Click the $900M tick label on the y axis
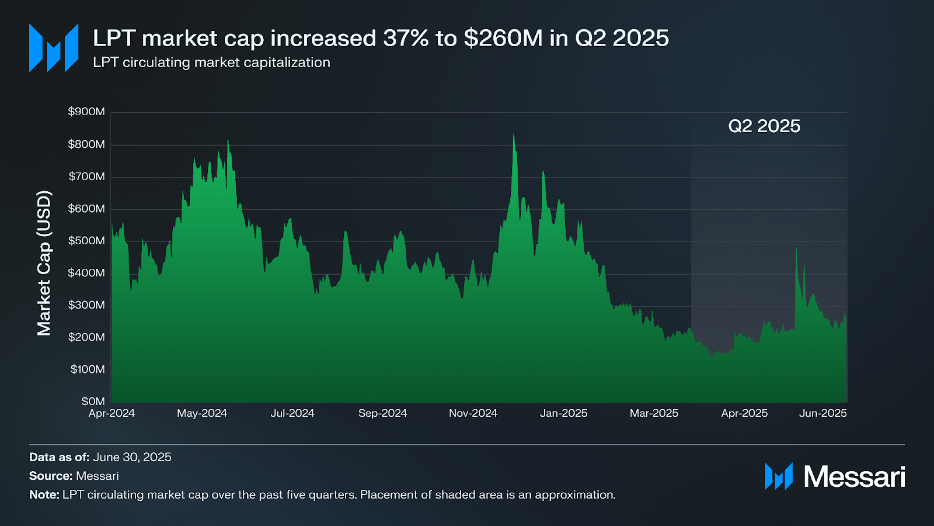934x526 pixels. (86, 112)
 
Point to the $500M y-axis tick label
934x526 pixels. (86, 241)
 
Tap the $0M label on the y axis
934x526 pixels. (93, 402)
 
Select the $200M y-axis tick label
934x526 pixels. (86, 337)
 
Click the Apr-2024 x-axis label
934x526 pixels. (111, 414)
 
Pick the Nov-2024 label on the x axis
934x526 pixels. (473, 414)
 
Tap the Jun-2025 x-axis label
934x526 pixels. (823, 414)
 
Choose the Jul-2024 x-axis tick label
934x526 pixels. (292, 414)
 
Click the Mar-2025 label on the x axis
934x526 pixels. (654, 414)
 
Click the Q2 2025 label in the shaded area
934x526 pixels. (764, 126)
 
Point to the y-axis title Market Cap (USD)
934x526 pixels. (44, 263)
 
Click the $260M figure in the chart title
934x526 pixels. (503, 39)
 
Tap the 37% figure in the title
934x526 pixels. (406, 39)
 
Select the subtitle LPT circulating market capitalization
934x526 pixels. (211, 63)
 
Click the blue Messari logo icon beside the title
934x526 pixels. (54, 48)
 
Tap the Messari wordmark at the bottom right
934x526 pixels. (854, 477)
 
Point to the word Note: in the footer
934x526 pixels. (44, 494)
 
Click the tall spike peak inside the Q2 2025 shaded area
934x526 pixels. (796, 250)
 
